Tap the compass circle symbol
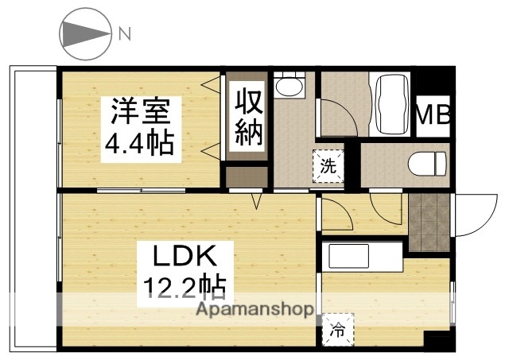84,33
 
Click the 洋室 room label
138,110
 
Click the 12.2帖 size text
185,284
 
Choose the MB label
434,116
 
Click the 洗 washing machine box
327,166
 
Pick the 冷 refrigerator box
337,327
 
